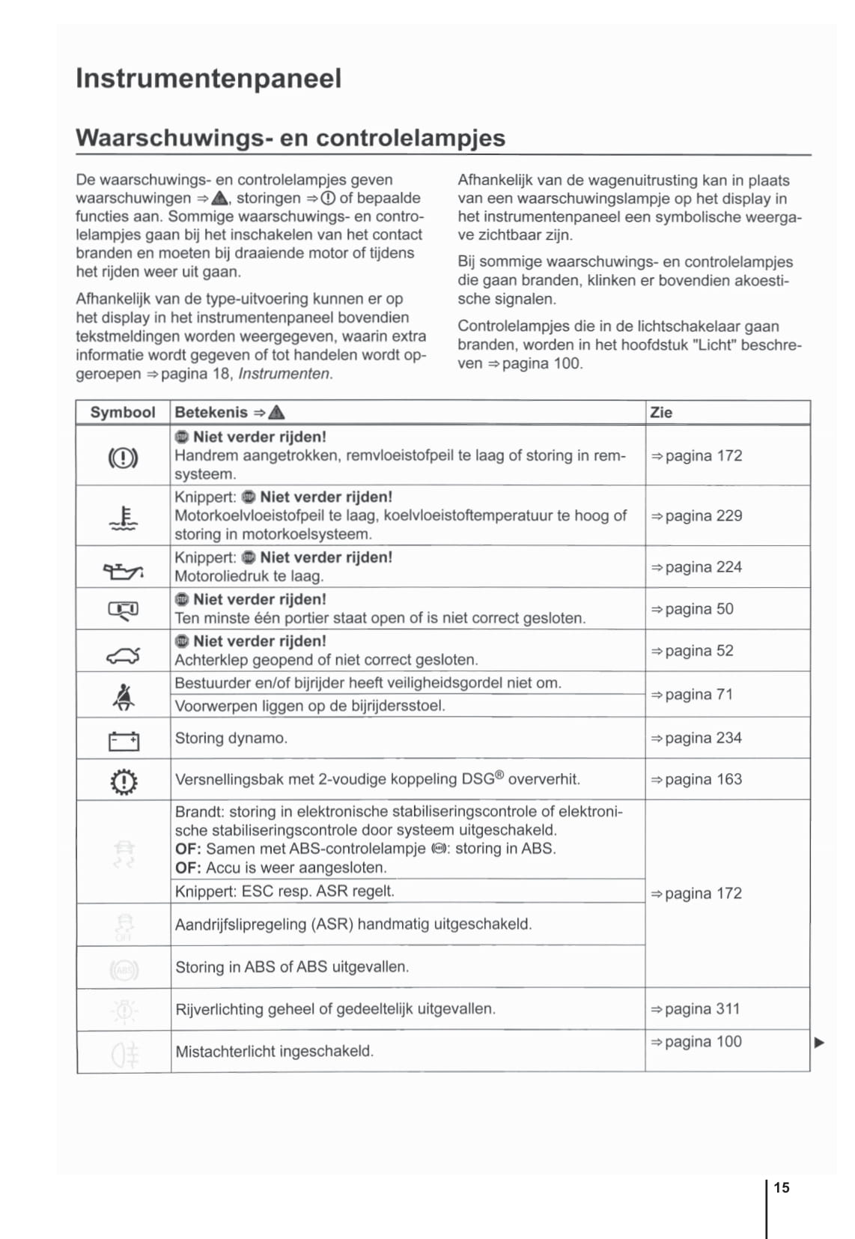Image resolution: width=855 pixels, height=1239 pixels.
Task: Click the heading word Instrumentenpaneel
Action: point(208,79)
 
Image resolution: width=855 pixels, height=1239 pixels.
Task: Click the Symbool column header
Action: point(123,413)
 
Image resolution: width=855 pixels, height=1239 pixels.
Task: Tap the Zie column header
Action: point(661,413)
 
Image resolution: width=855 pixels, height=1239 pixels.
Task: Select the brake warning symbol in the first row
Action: point(124,457)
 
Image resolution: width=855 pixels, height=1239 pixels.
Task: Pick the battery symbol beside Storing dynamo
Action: point(124,742)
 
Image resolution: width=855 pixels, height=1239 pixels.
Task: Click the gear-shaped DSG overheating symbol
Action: point(124,782)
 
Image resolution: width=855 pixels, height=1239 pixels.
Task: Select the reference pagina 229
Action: point(696,516)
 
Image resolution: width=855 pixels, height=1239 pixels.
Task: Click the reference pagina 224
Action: point(696,568)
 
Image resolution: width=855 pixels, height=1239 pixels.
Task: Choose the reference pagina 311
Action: point(696,1009)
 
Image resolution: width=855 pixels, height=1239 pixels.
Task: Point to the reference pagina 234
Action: point(696,739)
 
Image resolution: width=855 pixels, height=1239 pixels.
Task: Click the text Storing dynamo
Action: point(231,739)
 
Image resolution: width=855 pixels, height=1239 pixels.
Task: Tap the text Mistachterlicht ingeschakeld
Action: point(274,1052)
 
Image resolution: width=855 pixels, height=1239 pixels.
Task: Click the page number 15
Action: point(782,1187)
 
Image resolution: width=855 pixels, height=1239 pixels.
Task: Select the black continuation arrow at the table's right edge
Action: point(819,1043)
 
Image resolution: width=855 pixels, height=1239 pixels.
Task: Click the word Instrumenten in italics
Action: point(285,374)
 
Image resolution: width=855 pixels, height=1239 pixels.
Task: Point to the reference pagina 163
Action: point(696,780)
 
